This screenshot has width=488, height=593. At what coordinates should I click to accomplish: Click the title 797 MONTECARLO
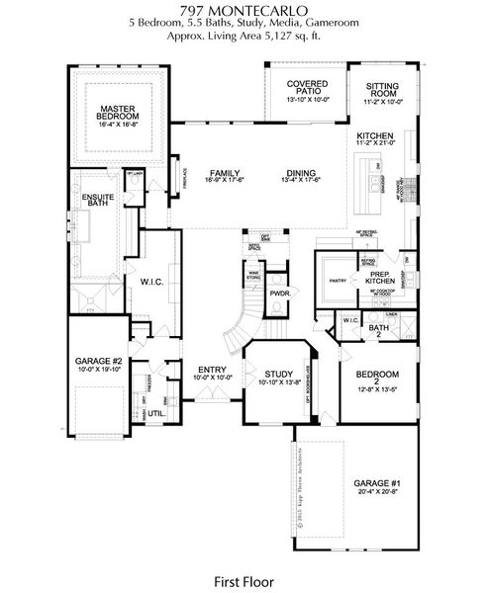(x=244, y=9)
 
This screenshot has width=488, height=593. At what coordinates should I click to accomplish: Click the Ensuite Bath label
(x=97, y=199)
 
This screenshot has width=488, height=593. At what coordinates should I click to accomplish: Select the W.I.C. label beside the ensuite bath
(x=151, y=282)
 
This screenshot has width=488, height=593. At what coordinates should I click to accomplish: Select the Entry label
(x=211, y=372)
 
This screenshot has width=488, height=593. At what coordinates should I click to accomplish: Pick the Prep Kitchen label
(x=381, y=278)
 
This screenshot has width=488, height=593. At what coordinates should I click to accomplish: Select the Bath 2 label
(x=378, y=330)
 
